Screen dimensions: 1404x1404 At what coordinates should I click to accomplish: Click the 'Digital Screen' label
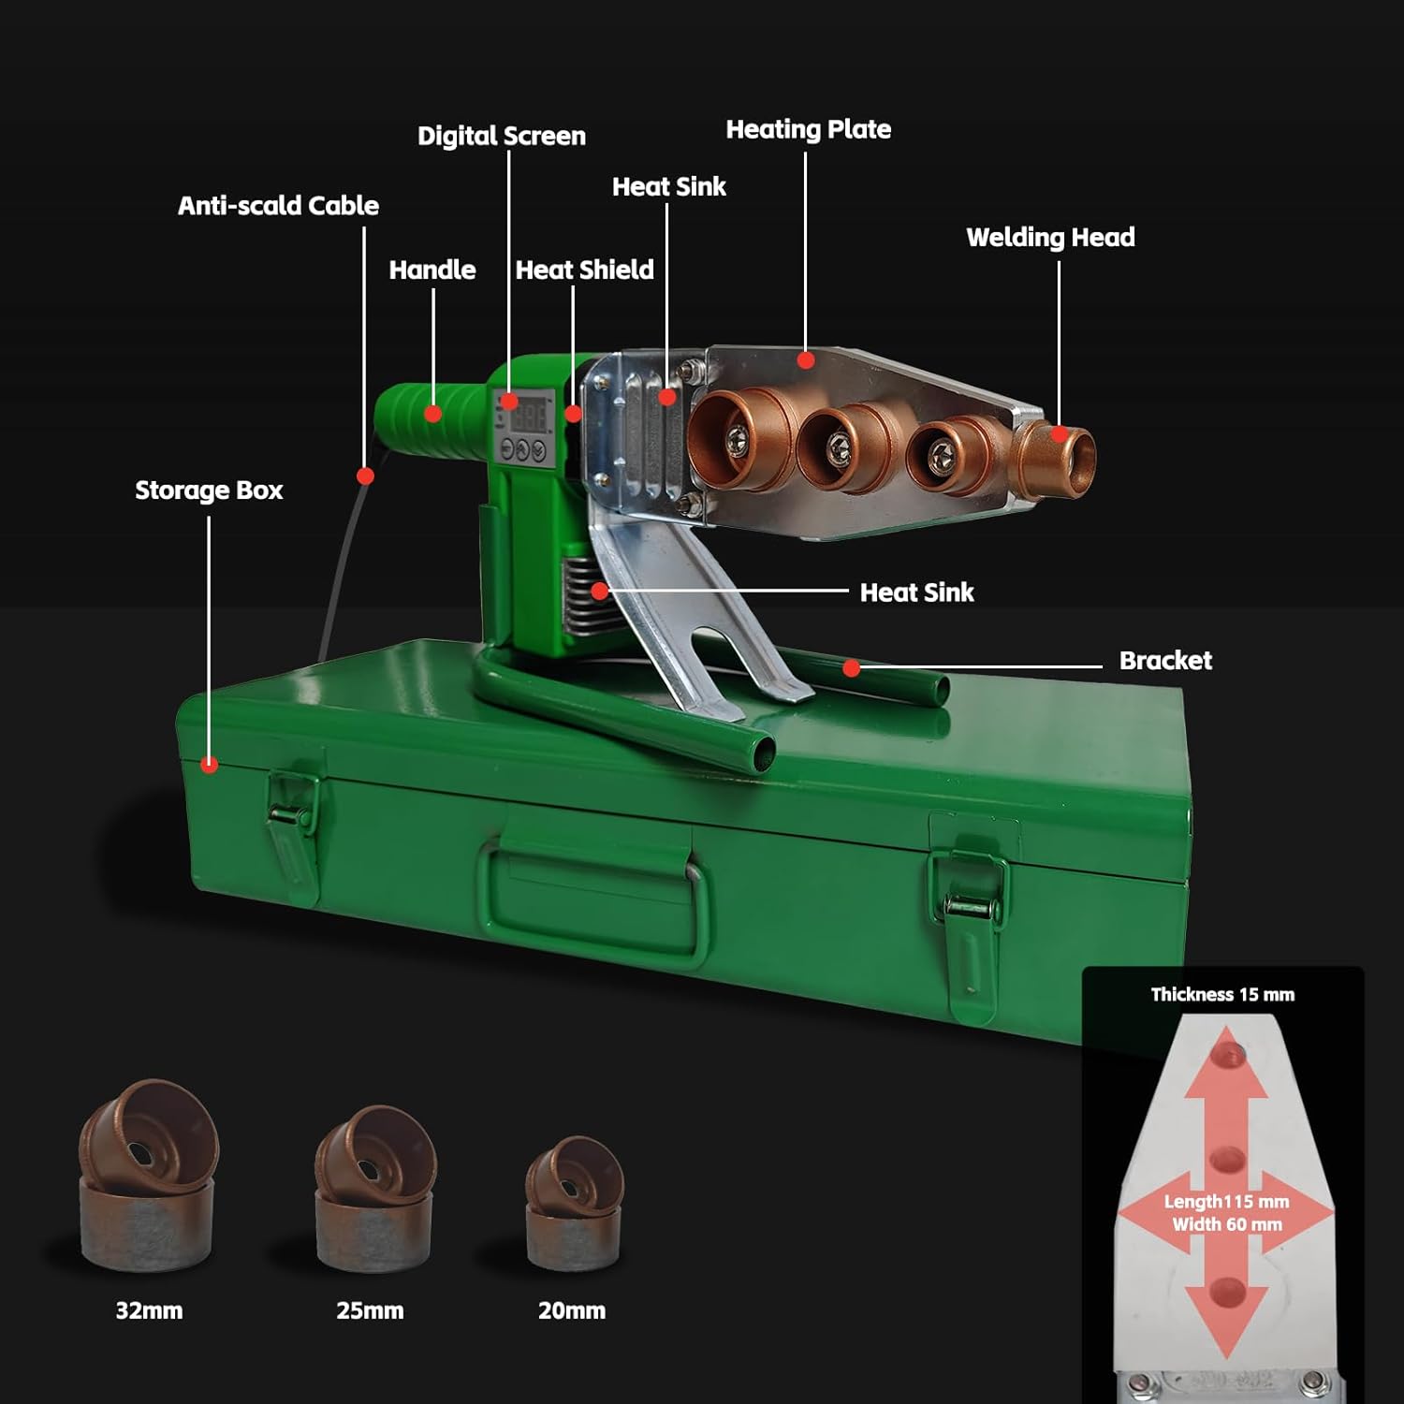501,137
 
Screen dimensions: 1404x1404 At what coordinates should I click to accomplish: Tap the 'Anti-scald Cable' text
278,206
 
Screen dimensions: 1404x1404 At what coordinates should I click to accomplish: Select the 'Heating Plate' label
808,130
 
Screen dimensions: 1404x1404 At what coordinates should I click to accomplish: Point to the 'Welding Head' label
1050,238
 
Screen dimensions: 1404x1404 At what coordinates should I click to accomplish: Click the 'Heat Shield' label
584,271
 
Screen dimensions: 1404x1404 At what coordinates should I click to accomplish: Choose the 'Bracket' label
1165,661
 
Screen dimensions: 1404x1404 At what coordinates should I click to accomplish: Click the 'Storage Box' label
209,490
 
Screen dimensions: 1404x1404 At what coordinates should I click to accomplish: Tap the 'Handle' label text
431,271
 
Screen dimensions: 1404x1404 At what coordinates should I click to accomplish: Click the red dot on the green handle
433,413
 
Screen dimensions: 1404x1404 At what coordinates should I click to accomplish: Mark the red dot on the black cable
365,476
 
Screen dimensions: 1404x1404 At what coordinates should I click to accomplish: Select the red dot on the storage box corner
210,765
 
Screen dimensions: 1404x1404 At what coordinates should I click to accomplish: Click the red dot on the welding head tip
1059,434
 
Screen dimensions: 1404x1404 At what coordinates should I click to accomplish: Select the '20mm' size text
572,1311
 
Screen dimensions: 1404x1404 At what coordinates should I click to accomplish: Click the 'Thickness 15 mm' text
1222,995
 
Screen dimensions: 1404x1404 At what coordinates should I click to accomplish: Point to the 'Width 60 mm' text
1227,1224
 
